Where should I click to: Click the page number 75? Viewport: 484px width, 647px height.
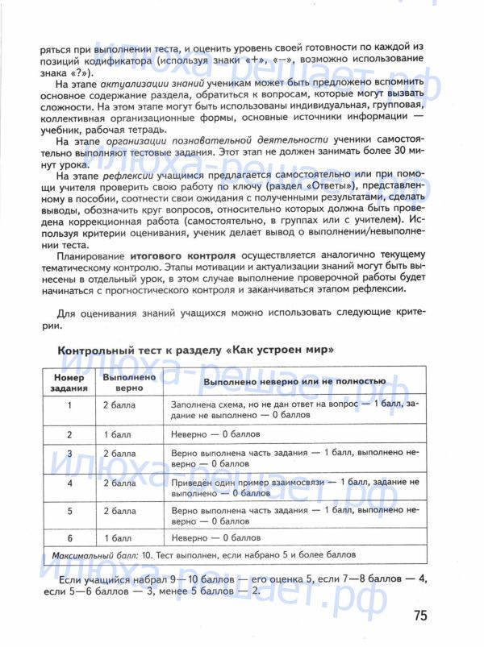click(x=419, y=616)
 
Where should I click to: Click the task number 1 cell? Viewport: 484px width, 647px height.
click(x=69, y=406)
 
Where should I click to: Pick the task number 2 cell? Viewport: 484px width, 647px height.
click(x=69, y=433)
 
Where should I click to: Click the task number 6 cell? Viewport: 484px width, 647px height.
click(x=69, y=537)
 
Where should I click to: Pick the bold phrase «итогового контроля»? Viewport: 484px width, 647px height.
click(x=182, y=255)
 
